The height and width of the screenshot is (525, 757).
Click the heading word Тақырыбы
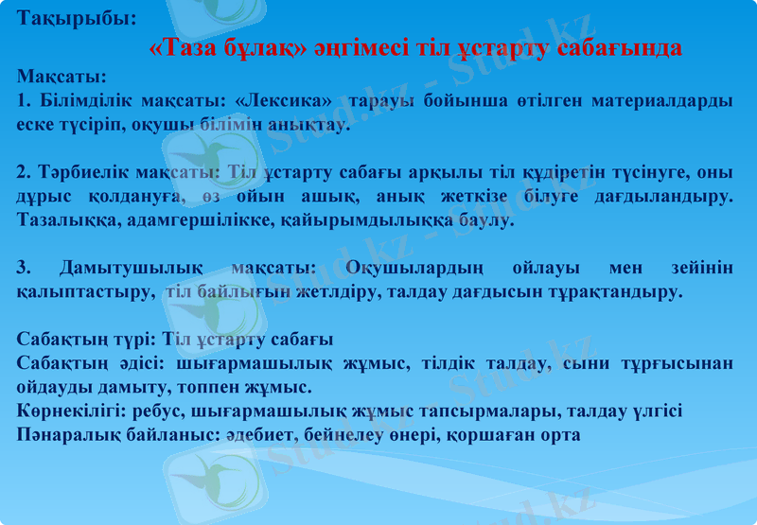(x=77, y=18)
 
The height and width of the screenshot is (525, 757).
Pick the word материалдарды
(x=660, y=100)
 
